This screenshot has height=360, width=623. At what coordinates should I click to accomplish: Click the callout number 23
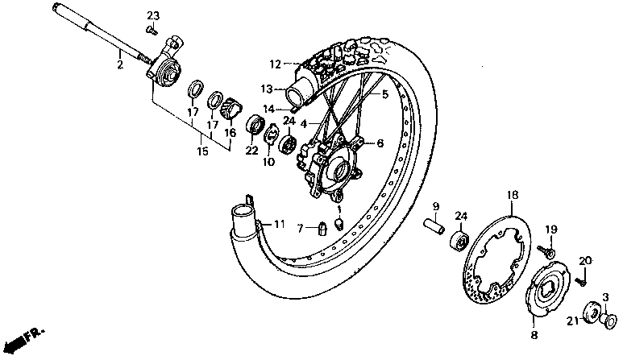(x=153, y=15)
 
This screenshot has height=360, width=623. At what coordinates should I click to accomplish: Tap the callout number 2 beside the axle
(x=119, y=64)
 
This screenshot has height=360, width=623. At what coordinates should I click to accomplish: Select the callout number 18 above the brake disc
(x=511, y=196)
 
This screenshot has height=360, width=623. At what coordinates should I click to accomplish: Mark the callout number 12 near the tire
(x=275, y=64)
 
